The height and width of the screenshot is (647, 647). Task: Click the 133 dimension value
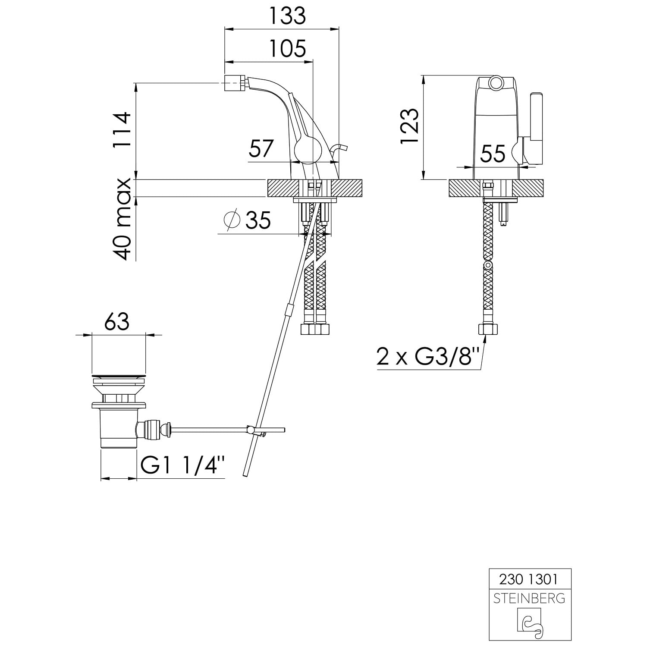click(287, 16)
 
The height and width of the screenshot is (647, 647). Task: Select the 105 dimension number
click(287, 48)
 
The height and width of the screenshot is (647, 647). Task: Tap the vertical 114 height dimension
click(122, 130)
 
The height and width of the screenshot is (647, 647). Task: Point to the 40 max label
click(122, 219)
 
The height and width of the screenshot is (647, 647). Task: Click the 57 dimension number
click(261, 149)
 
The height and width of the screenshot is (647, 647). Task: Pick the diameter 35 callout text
click(248, 220)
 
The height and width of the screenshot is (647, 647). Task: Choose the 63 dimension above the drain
click(117, 321)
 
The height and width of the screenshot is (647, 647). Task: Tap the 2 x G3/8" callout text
click(422, 357)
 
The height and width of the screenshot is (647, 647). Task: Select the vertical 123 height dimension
click(409, 126)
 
